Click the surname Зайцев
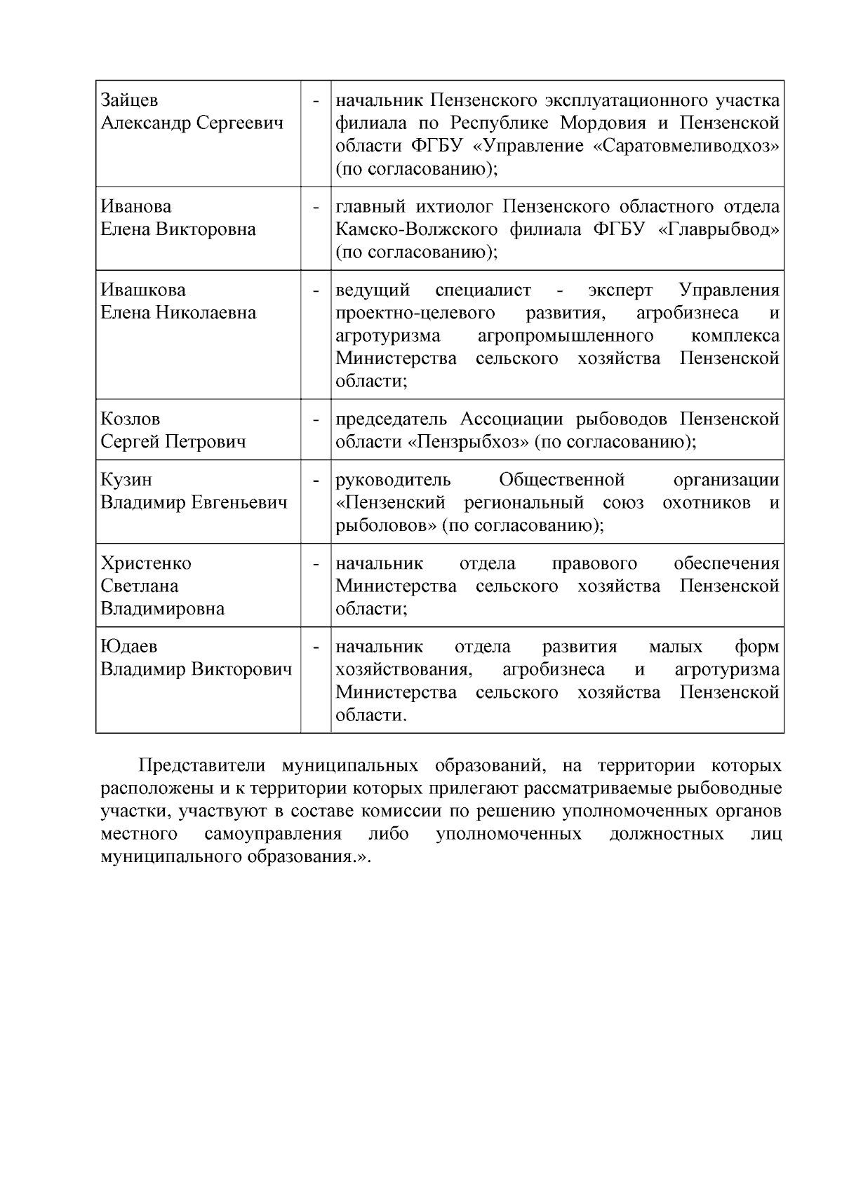130,101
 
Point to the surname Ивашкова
143,290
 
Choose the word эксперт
620,290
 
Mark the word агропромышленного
566,336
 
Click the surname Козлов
131,419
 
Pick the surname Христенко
146,564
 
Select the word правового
594,564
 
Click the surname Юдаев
129,647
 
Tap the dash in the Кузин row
316,480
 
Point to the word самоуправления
273,834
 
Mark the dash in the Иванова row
316,208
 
